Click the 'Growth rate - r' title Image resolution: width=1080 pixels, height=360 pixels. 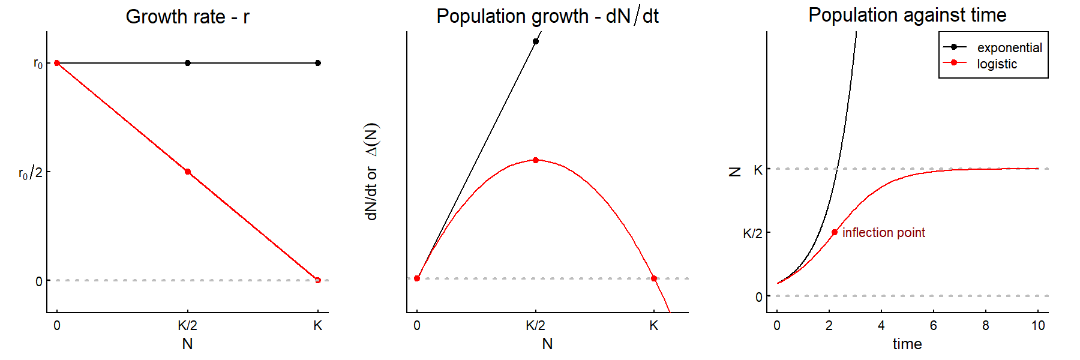click(x=187, y=17)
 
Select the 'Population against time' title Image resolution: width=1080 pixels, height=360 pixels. click(x=907, y=15)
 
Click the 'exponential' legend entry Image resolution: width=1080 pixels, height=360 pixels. click(x=1009, y=47)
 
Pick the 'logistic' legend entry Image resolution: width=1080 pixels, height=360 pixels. click(x=997, y=64)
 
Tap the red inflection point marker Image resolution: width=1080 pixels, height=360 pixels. click(x=835, y=232)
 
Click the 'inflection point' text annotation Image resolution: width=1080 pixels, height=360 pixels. click(x=883, y=232)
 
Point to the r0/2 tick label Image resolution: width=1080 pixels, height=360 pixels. click(x=31, y=173)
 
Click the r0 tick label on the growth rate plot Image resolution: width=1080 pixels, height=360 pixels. click(x=38, y=63)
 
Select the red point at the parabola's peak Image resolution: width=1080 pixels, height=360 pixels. click(x=536, y=160)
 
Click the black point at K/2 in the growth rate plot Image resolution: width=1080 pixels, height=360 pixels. click(x=188, y=63)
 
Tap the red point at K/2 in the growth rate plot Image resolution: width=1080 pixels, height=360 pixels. click(x=188, y=172)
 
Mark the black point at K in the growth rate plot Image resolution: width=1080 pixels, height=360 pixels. click(x=318, y=63)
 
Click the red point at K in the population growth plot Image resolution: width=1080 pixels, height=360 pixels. click(x=654, y=278)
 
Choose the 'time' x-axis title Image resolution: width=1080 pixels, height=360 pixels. click(x=907, y=344)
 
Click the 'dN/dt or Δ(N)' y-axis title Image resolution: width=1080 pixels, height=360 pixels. click(x=372, y=172)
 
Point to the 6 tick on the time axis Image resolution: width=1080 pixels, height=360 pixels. click(x=934, y=326)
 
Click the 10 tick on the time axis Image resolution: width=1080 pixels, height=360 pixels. click(x=1038, y=326)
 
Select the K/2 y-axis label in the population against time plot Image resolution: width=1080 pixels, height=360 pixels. click(x=752, y=233)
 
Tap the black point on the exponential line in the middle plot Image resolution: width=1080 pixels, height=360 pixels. click(x=536, y=41)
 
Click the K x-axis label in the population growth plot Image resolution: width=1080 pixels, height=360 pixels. click(x=654, y=326)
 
